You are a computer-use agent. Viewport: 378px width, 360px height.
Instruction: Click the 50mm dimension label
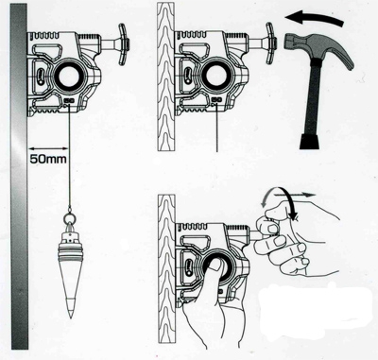coord(48,159)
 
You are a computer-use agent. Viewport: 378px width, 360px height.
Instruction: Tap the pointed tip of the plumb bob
coord(71,317)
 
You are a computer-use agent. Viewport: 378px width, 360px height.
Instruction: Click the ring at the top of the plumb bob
coord(70,218)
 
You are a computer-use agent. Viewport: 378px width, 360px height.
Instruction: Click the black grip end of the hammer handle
coord(309,141)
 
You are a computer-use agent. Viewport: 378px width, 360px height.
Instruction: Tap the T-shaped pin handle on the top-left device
coord(123,44)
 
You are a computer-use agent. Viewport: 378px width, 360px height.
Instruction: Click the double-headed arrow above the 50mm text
coord(48,148)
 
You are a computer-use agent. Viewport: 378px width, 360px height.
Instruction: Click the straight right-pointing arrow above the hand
coord(295,195)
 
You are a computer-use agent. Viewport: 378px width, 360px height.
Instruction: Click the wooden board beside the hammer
coord(165,79)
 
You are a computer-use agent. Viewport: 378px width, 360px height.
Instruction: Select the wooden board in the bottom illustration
coord(166,268)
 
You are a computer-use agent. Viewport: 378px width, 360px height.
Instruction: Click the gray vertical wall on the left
coord(19,178)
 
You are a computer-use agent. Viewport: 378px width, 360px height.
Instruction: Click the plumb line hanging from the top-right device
coord(217,129)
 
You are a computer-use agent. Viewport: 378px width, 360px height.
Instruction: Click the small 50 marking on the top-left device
coord(69,101)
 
